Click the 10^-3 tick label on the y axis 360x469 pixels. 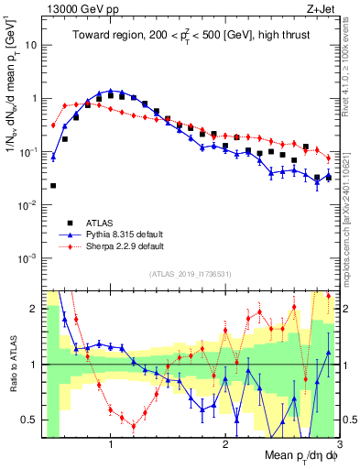[x=29, y=257]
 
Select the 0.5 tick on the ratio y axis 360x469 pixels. [x=31, y=420]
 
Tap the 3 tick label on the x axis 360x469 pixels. [x=338, y=445]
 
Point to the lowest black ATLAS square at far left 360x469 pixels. [x=53, y=186]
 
